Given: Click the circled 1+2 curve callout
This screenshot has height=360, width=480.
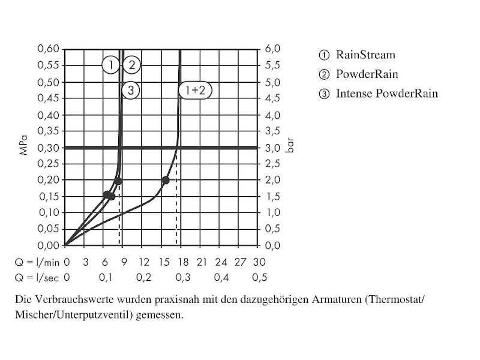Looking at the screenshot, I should tap(195, 91).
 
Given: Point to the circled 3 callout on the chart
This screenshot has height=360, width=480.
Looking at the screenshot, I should tap(131, 91).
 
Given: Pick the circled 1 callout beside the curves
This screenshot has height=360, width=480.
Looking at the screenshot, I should tap(110, 64).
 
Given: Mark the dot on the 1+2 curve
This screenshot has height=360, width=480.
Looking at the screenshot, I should tap(166, 180).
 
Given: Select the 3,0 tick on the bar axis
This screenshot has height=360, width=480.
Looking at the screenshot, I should tap(272, 148).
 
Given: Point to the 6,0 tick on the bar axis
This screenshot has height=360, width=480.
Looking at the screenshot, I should tap(272, 49).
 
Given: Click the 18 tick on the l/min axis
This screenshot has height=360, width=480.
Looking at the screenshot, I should tap(182, 262).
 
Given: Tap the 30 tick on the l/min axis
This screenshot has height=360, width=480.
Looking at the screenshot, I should tap(259, 262).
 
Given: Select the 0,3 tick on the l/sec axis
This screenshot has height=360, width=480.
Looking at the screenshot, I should tap(182, 277).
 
